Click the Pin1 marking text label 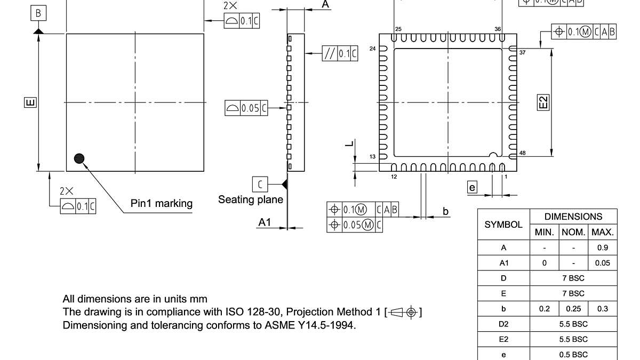click(x=162, y=203)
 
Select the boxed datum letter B click(x=37, y=13)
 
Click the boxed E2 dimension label click(x=543, y=102)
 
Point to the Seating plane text click(x=250, y=199)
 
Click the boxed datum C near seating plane click(x=260, y=184)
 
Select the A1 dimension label click(x=265, y=222)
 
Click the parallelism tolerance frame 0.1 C click(x=340, y=53)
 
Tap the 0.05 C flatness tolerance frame click(x=246, y=108)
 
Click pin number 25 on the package click(x=398, y=29)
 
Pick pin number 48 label click(x=522, y=153)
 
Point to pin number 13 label click(x=373, y=156)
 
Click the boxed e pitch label click(x=471, y=187)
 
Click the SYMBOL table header click(x=503, y=225)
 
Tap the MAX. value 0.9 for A click(x=603, y=248)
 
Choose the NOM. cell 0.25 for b click(x=573, y=309)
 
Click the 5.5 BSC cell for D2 click(x=573, y=324)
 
